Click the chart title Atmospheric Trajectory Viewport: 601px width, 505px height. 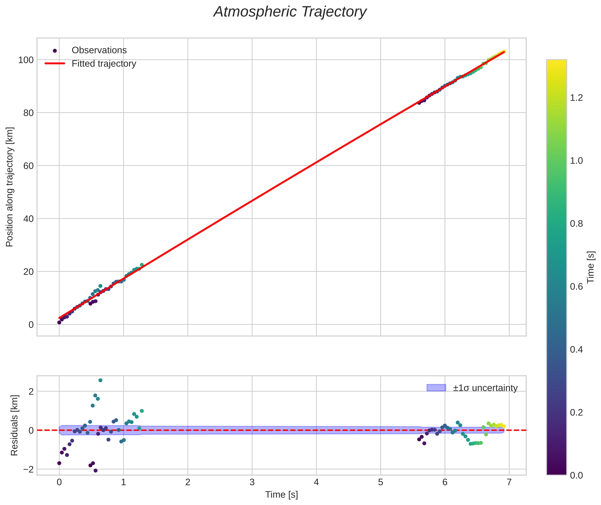point(290,12)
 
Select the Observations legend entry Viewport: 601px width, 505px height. point(99,50)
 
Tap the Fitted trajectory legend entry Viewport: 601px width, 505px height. point(104,64)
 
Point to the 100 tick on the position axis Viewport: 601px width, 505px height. point(26,60)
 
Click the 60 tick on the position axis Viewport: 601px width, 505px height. point(28,166)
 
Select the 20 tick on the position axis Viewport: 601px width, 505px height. point(28,272)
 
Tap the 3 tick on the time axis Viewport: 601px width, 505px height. point(252,482)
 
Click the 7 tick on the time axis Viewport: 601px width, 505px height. point(509,482)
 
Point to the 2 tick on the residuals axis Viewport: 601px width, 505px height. point(31,391)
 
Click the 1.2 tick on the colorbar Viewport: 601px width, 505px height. point(576,98)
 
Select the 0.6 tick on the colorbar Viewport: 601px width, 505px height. point(576,287)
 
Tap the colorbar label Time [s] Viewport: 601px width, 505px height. point(591,267)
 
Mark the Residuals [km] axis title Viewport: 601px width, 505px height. point(14,425)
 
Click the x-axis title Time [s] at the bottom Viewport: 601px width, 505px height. point(281,495)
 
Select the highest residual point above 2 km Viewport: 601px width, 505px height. point(100,380)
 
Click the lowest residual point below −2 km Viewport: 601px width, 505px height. point(95,471)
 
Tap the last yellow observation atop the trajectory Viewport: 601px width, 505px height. point(504,51)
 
